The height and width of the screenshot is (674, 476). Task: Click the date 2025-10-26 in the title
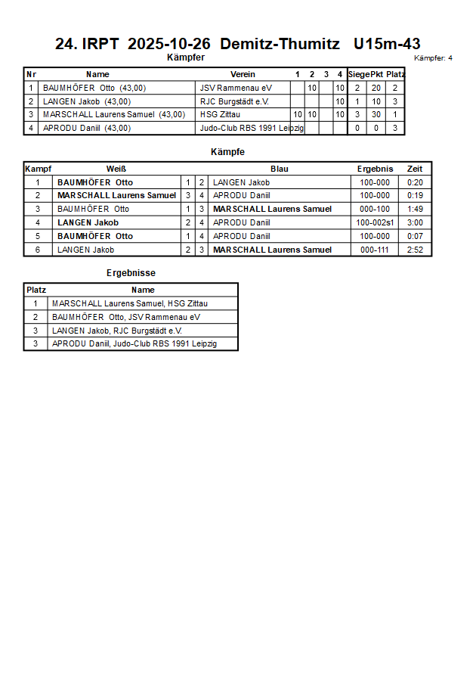click(x=169, y=44)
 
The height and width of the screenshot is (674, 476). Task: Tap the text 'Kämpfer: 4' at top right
click(x=434, y=57)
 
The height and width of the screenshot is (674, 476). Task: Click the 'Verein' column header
click(x=243, y=74)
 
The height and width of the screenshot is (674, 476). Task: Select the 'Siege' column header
click(x=358, y=74)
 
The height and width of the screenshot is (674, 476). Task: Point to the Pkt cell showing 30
click(x=376, y=115)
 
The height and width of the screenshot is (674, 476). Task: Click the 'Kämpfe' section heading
click(x=227, y=152)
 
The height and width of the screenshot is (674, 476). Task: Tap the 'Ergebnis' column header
click(x=375, y=169)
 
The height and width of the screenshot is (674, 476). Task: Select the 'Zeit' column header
click(x=415, y=169)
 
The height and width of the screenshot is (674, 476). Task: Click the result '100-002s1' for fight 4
click(x=375, y=222)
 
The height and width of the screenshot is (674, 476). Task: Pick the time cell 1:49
click(x=415, y=209)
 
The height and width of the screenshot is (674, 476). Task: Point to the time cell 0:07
click(x=415, y=236)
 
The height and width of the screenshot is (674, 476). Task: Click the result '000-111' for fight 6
click(x=375, y=250)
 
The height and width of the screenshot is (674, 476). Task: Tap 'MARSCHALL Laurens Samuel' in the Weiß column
click(x=116, y=195)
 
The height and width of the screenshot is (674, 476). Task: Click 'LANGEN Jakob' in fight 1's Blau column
click(x=241, y=182)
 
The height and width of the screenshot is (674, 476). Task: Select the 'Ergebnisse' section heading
click(x=131, y=273)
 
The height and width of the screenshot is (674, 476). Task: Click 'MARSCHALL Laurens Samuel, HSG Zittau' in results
click(x=130, y=303)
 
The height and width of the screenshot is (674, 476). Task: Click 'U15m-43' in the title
click(x=387, y=44)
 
